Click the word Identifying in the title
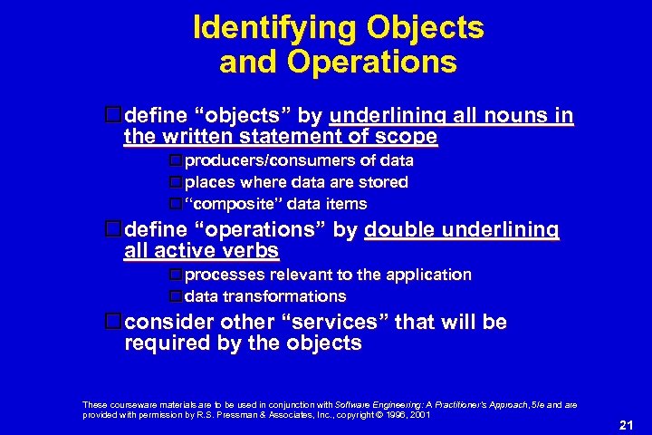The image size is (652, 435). click(273, 28)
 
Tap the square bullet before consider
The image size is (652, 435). click(113, 322)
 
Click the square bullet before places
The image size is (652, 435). click(176, 182)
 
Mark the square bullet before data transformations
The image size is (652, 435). click(176, 296)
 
